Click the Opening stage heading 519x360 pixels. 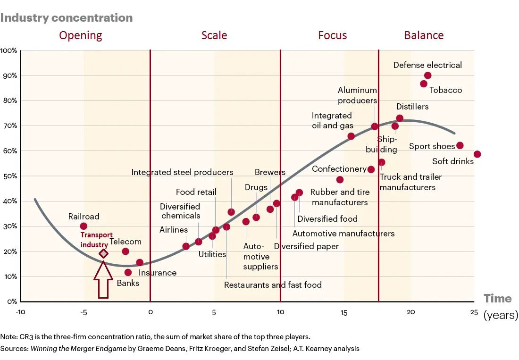pyautogui.click(x=80, y=35)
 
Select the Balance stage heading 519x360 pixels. pyautogui.click(x=424, y=35)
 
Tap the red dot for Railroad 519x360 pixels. pyautogui.click(x=84, y=226)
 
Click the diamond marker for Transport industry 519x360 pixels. pyautogui.click(x=103, y=254)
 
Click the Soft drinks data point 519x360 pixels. pyautogui.click(x=477, y=154)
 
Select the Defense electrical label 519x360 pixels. pyautogui.click(x=427, y=65)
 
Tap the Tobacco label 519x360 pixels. pyautogui.click(x=445, y=90)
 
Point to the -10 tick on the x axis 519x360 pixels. pyautogui.click(x=20, y=312)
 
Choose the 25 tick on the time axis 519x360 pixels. pyautogui.click(x=474, y=312)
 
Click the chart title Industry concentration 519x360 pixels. pyautogui.click(x=67, y=18)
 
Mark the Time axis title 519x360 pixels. pyautogui.click(x=497, y=299)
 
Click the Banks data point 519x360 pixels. pyautogui.click(x=128, y=272)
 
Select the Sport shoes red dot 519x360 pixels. pyautogui.click(x=460, y=145)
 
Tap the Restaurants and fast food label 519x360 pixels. pyautogui.click(x=273, y=285)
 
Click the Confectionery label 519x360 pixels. pyautogui.click(x=339, y=169)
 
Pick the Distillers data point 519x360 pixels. pyautogui.click(x=400, y=118)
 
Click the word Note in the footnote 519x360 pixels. pyautogui.click(x=8, y=337)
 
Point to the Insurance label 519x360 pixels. pyautogui.click(x=157, y=273)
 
